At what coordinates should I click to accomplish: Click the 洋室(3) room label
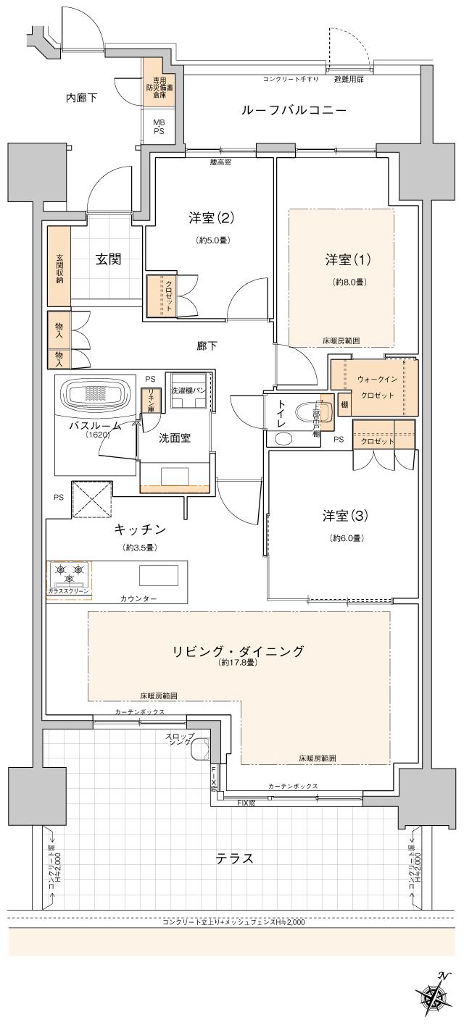click(347, 516)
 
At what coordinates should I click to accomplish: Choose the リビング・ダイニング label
click(238, 650)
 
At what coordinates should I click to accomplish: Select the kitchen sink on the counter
click(158, 575)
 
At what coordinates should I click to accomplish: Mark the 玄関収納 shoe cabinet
click(59, 266)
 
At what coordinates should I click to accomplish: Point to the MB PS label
click(158, 127)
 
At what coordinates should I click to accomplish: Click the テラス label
click(234, 858)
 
